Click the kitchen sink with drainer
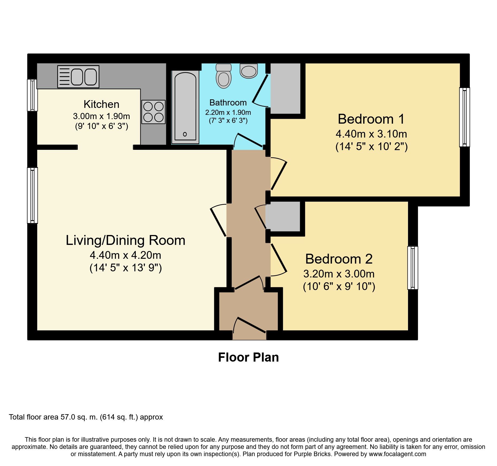click(x=78, y=77)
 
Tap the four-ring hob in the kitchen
click(x=153, y=112)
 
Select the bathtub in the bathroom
click(x=185, y=107)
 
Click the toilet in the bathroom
click(x=224, y=76)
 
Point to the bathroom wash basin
click(x=249, y=71)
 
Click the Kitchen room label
click(x=102, y=104)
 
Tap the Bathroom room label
click(x=228, y=103)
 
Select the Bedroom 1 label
click(x=371, y=119)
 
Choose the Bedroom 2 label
click(x=339, y=259)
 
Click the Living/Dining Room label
click(x=126, y=240)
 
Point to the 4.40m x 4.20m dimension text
click(x=126, y=255)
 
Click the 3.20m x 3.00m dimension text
click(x=339, y=274)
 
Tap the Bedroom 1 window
click(x=465, y=117)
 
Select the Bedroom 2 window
click(x=413, y=268)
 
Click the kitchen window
click(x=32, y=95)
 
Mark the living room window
click(x=32, y=195)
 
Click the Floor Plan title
click(x=248, y=357)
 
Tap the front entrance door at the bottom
click(x=250, y=325)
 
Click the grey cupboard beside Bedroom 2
click(x=283, y=216)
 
